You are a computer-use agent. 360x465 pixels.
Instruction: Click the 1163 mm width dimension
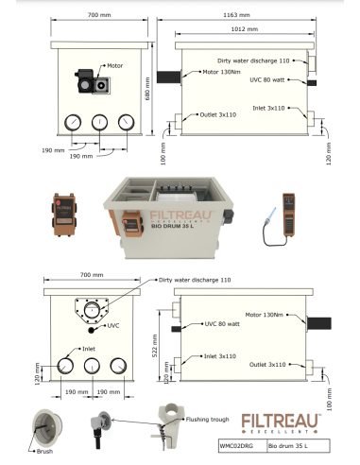coord(244,16)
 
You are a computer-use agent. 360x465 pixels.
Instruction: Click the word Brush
coord(43,452)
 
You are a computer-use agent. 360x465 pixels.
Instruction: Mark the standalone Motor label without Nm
coord(115,66)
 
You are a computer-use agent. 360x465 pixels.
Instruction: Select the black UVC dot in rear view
coord(93,329)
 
